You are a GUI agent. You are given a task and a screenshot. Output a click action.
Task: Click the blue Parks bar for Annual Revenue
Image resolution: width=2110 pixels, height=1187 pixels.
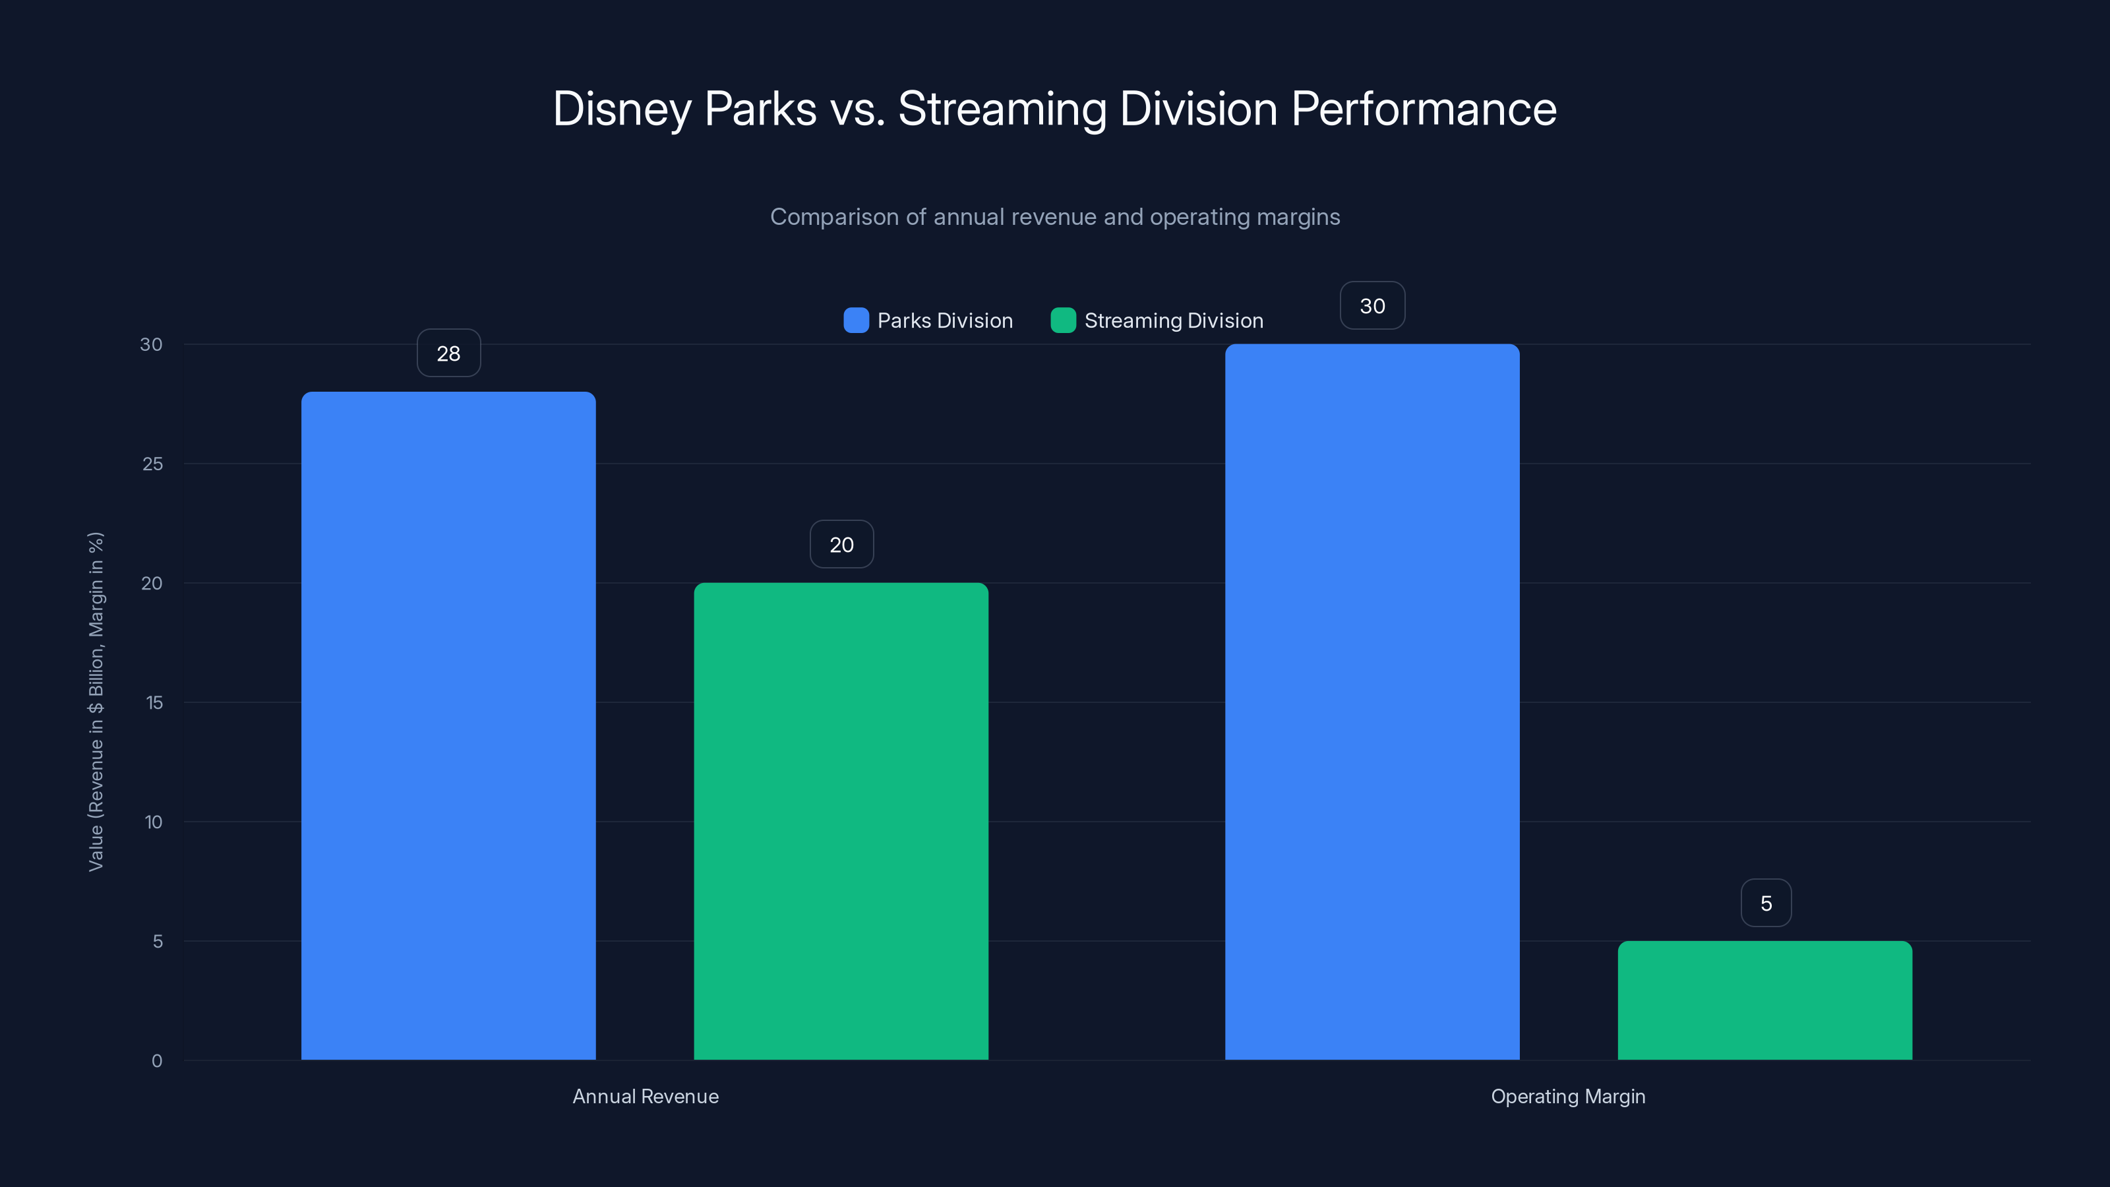[448, 725]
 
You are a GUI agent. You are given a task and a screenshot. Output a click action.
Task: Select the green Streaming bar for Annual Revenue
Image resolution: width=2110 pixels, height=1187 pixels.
[841, 821]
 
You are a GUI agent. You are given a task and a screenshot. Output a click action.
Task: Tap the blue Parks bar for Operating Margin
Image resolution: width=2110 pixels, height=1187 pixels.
[1372, 701]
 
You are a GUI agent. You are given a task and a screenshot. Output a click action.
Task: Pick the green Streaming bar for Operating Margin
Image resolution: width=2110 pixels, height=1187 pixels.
[1765, 1000]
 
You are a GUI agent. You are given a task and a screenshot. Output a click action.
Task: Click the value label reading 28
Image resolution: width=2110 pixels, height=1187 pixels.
[448, 353]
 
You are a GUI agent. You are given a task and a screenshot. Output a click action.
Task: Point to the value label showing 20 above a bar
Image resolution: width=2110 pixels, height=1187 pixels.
[841, 545]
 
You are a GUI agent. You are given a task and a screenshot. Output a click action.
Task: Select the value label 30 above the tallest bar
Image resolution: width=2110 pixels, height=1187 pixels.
[1372, 305]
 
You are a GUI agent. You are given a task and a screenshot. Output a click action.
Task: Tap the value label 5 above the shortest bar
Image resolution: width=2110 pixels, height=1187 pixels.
[1766, 903]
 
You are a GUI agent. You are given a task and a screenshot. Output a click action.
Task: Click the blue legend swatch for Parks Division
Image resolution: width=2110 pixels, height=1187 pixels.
[856, 320]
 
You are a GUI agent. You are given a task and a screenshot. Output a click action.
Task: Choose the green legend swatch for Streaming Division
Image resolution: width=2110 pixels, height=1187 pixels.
[1063, 320]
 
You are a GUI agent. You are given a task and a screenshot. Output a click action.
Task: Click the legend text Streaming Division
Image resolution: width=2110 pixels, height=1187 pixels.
[1173, 320]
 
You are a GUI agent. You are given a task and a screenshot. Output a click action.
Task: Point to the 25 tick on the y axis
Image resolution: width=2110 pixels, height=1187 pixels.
[152, 464]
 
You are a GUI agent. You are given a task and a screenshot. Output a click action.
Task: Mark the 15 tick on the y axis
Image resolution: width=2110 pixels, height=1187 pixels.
[154, 702]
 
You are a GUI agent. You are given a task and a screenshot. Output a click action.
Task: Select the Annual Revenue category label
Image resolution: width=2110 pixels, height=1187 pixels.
[646, 1096]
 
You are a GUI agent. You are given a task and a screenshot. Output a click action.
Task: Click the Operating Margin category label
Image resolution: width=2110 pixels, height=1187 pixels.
[1568, 1096]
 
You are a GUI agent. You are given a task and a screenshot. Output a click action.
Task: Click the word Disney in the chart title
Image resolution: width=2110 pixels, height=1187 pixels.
[622, 108]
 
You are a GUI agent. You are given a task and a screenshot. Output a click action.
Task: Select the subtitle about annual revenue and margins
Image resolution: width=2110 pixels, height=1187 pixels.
[1055, 217]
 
